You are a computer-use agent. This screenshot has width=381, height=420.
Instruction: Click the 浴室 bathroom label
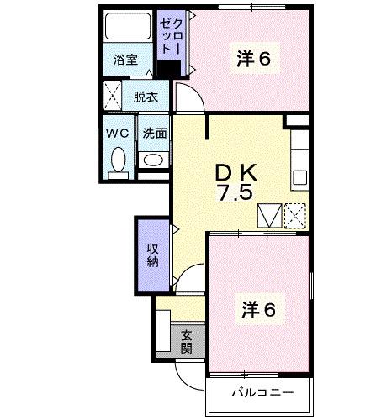(126, 60)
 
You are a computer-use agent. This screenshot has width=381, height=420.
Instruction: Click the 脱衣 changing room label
(146, 97)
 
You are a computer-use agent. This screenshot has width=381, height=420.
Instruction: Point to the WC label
(116, 133)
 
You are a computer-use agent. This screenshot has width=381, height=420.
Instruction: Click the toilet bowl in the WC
(117, 159)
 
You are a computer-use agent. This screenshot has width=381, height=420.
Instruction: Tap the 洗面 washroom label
(153, 133)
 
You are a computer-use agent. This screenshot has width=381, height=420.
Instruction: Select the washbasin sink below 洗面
(153, 160)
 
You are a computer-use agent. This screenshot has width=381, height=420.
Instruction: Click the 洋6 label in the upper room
(253, 59)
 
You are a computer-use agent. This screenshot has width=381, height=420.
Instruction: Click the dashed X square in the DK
(295, 216)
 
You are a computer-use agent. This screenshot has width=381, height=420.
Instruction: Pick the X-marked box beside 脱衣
(113, 94)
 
